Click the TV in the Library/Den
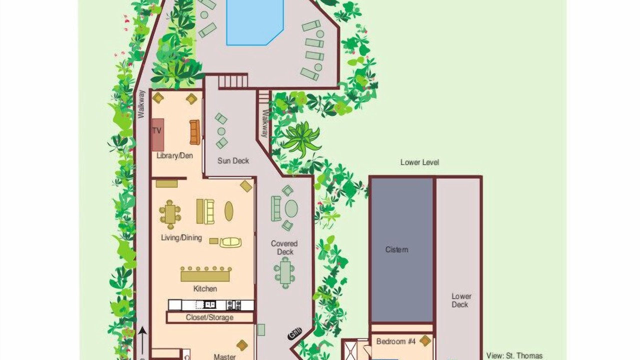157,134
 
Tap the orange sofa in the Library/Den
194,132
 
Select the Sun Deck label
233,161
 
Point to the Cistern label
396,249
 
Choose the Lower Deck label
461,300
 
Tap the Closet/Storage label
209,317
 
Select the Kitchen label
205,289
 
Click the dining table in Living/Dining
170,214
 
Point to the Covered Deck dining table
285,273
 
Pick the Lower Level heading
419,162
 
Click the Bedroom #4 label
395,341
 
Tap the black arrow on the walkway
142,343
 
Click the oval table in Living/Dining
229,211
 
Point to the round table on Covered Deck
291,208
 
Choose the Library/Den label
174,156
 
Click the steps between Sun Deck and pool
233,81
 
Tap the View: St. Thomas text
514,356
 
